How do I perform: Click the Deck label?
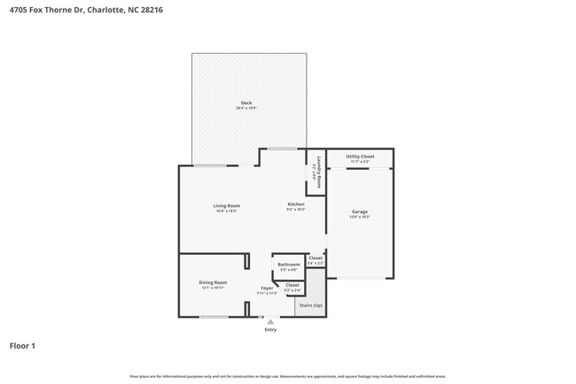246,103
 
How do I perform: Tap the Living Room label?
226,205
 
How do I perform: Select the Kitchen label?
295,204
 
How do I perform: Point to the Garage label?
360,211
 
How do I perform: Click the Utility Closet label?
360,156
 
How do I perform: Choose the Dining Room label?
213,282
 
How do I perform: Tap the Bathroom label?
289,265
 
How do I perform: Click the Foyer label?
267,288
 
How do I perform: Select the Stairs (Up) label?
311,305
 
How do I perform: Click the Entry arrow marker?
270,322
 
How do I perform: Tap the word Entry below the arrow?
270,330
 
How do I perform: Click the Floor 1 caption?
22,346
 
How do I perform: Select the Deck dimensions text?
246,108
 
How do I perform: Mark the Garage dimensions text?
360,217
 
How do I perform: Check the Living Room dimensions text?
226,211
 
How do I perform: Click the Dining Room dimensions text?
213,288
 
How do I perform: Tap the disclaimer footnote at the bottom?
288,375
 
